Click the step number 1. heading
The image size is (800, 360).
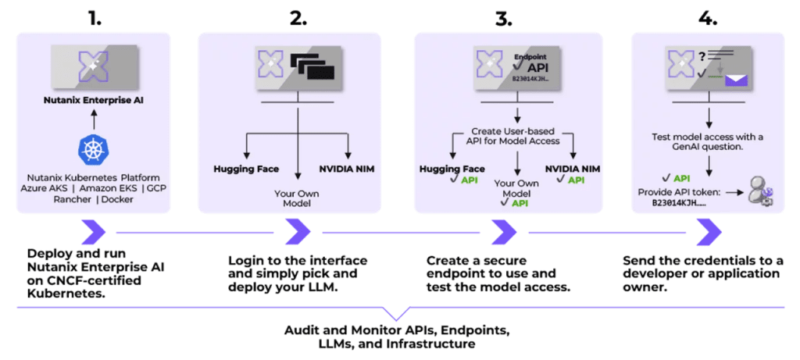pyautogui.click(x=95, y=18)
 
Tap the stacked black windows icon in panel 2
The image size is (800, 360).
pyautogui.click(x=312, y=66)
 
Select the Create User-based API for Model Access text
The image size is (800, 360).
pyautogui.click(x=516, y=136)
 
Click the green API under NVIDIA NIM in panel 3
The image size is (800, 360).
pyautogui.click(x=575, y=180)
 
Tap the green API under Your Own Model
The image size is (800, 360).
pyautogui.click(x=518, y=202)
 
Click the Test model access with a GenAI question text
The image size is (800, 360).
pyautogui.click(x=708, y=142)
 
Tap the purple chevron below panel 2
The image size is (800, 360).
pyautogui.click(x=298, y=231)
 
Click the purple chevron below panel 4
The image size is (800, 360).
pyautogui.click(x=709, y=231)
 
